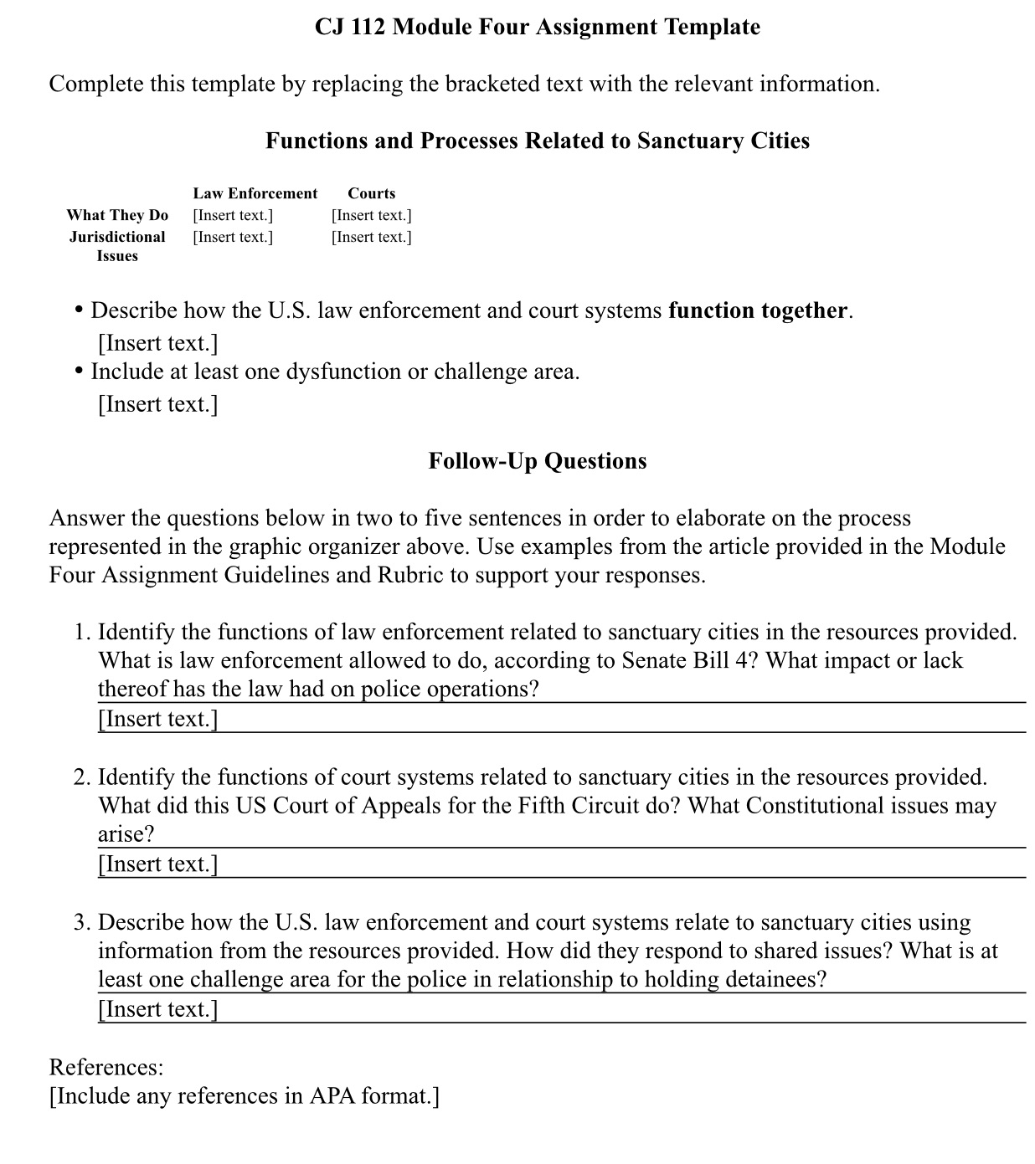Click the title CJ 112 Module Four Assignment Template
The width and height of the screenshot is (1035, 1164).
coord(538,27)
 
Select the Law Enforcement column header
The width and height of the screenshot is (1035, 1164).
coord(255,193)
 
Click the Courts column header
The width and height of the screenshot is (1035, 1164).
coord(371,193)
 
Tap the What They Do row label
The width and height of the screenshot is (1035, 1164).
coord(117,215)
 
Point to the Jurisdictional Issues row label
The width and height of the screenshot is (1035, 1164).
coord(117,246)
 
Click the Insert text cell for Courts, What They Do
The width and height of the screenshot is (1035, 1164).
coord(371,215)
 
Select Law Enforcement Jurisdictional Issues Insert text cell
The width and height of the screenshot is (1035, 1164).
coord(233,237)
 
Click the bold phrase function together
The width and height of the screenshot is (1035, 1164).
coord(757,310)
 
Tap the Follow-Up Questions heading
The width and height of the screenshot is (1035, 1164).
coord(538,461)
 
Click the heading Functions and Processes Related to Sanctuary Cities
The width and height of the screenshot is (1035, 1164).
coord(538,141)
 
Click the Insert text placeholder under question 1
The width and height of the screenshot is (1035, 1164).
coord(157,719)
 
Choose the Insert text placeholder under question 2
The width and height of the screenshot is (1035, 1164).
coord(157,864)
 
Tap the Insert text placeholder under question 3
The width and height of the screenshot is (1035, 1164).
coord(157,1009)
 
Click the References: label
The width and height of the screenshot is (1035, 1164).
coord(106,1067)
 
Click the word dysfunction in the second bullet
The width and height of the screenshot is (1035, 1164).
coord(343,372)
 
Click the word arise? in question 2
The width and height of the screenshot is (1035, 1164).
coord(126,834)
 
